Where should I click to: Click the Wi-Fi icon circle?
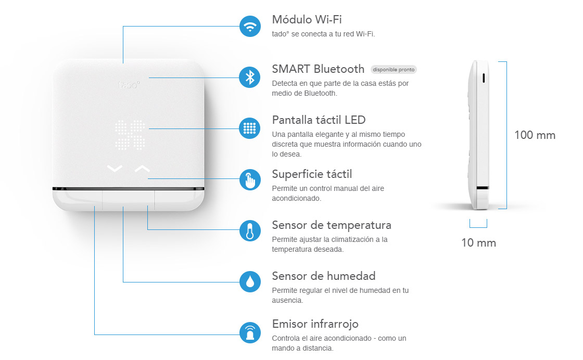tap(250, 27)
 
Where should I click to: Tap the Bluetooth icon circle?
tap(250, 78)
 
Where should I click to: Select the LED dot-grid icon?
tap(250, 128)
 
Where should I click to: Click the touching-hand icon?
tap(250, 180)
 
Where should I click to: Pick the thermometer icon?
tap(250, 230)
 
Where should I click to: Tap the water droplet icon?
tap(250, 281)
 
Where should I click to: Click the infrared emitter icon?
tap(250, 332)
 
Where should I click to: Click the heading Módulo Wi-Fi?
tap(307, 19)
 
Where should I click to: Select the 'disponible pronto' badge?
tap(394, 70)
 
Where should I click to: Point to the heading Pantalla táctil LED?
tap(319, 120)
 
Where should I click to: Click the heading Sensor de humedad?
tap(323, 276)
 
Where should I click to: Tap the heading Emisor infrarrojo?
tap(315, 324)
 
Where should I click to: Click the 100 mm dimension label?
tap(535, 135)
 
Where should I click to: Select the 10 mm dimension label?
tap(478, 242)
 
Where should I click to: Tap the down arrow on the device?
tap(115, 169)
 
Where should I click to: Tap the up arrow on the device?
tap(142, 169)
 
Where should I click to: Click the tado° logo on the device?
tap(129, 85)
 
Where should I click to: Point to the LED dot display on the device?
tap(130, 135)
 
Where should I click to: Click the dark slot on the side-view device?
tap(484, 78)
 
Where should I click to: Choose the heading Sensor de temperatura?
tap(331, 225)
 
